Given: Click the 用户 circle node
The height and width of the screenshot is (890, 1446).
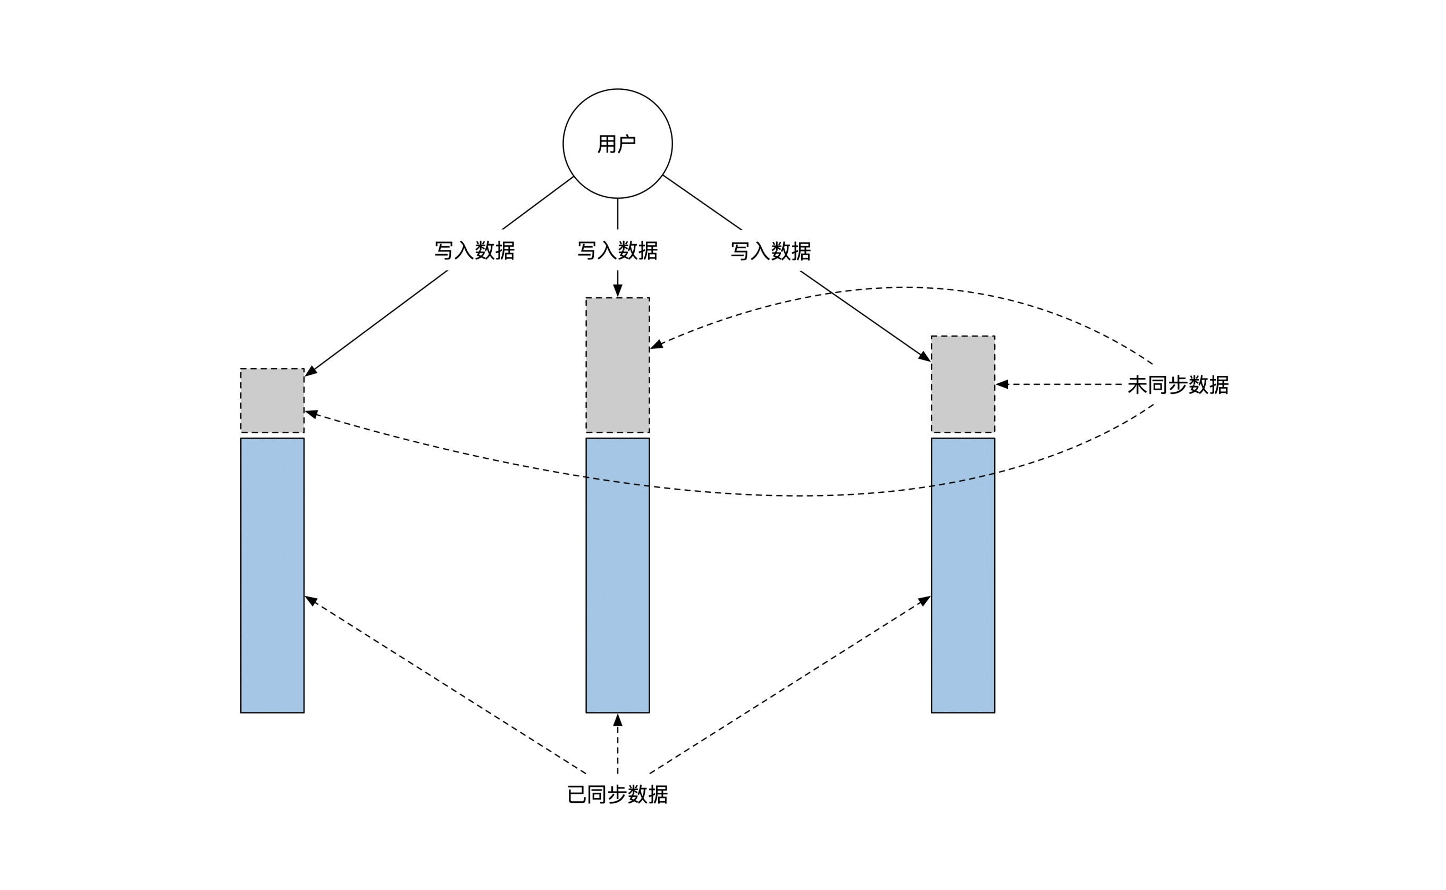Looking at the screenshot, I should point(617,144).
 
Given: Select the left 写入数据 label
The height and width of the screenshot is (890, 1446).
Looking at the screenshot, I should point(474,251).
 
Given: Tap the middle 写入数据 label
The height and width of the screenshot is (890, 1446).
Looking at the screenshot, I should point(617,251).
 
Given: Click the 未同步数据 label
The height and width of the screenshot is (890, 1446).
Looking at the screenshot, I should point(1178,385).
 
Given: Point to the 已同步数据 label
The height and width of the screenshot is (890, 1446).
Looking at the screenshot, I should point(617,795).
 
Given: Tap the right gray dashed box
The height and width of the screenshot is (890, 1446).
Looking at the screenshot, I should point(963,384).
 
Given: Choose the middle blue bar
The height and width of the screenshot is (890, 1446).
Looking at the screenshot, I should point(617,576).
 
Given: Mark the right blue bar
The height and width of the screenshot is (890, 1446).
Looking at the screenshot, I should point(963,576).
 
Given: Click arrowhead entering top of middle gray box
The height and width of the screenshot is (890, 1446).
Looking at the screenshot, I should point(617,291).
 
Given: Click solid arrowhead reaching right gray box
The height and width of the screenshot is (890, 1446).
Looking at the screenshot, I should point(924,357).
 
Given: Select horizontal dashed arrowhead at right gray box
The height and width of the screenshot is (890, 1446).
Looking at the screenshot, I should point(1002,384).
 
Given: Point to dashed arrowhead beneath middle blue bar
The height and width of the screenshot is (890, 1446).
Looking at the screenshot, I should point(617,720).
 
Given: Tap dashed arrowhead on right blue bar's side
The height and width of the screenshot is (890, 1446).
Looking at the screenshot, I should point(924,600).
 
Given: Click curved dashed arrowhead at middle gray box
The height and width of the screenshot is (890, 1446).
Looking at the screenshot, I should point(657,346).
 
